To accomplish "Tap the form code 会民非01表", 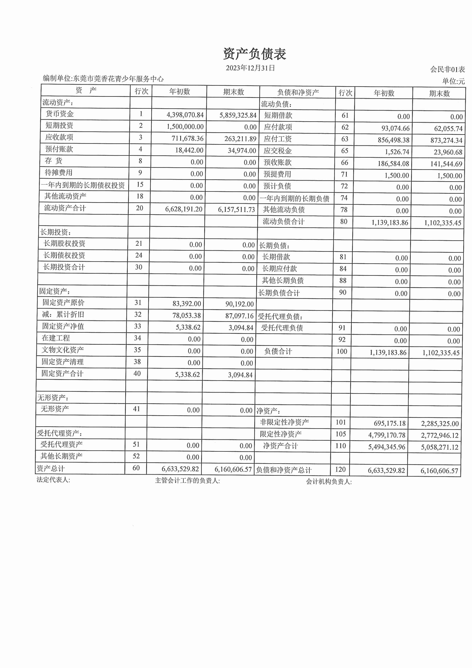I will (447, 69).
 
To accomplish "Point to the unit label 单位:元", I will (453, 81).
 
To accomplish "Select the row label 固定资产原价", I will (63, 303).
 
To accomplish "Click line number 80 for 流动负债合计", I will (344, 222).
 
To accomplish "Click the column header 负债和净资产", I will (298, 93).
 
